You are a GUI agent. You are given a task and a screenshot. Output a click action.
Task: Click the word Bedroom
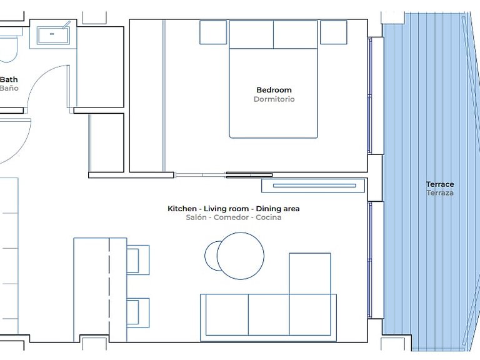(x=274, y=90)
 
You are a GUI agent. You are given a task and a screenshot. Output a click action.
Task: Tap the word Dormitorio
(x=274, y=99)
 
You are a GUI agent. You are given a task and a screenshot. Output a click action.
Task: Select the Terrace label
(x=440, y=184)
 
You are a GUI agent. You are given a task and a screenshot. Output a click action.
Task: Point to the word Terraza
(x=440, y=193)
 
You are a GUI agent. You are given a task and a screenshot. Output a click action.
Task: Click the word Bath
(x=9, y=79)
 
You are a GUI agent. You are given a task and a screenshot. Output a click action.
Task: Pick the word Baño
(x=9, y=88)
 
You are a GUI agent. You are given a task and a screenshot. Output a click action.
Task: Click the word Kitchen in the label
(x=182, y=209)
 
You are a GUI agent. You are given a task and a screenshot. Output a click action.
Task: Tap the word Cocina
(x=269, y=217)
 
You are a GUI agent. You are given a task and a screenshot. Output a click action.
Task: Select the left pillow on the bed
(x=251, y=34)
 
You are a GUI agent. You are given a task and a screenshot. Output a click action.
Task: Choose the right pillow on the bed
(x=296, y=34)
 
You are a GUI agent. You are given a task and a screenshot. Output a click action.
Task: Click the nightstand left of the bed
(x=213, y=32)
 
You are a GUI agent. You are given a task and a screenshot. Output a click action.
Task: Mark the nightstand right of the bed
(x=333, y=32)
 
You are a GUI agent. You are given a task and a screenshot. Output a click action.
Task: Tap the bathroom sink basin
(x=53, y=35)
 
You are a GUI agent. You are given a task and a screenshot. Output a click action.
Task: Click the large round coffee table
(x=240, y=256)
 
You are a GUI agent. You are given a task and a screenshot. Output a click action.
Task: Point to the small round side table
(x=211, y=256)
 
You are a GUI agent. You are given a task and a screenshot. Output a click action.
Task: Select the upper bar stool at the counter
(x=137, y=259)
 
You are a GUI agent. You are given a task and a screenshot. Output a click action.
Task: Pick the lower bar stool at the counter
(x=137, y=313)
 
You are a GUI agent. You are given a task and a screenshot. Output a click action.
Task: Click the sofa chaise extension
(x=310, y=274)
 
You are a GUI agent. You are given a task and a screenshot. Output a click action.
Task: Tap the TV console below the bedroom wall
(x=313, y=186)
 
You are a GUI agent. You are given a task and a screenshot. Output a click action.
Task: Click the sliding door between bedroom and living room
(x=224, y=175)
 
